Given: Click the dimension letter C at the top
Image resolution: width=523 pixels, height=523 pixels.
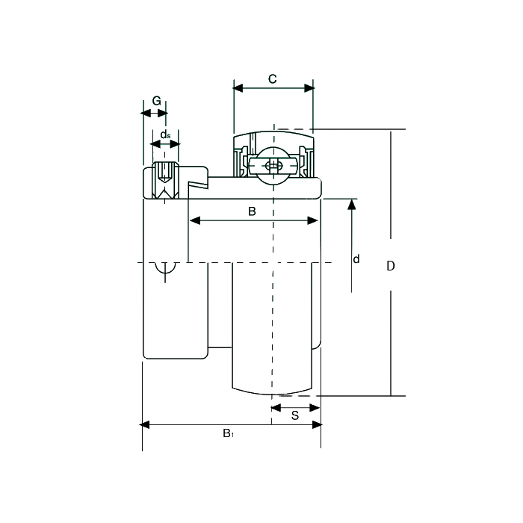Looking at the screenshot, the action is [x=273, y=79].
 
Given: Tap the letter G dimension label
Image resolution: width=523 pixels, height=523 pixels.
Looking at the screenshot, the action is [x=156, y=101].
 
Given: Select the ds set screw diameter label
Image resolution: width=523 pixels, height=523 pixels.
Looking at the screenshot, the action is [x=165, y=134].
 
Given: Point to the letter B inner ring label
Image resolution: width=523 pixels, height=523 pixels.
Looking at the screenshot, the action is [x=252, y=211].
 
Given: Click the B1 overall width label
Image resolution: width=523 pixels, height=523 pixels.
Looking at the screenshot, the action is [x=228, y=433].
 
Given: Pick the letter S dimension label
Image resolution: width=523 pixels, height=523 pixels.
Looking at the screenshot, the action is [x=295, y=415].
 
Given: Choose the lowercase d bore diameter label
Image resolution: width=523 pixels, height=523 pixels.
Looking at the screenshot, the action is [x=356, y=259].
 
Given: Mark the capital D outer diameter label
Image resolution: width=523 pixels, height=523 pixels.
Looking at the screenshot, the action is [x=391, y=266].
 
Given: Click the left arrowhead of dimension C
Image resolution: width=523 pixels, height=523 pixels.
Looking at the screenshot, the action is [x=238, y=88].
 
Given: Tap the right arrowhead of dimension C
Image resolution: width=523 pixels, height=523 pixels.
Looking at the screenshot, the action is [x=309, y=88].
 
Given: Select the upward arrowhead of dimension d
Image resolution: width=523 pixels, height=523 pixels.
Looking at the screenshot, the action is [x=352, y=204].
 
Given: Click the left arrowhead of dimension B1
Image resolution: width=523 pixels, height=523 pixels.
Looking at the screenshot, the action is [x=144, y=424].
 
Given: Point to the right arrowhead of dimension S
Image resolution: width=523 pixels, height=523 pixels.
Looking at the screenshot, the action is [x=315, y=408].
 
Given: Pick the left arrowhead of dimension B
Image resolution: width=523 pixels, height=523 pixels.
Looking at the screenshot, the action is [x=195, y=220].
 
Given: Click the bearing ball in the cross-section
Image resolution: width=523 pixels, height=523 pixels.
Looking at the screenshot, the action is [x=273, y=165].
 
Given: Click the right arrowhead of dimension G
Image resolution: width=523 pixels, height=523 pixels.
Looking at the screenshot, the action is [x=163, y=114].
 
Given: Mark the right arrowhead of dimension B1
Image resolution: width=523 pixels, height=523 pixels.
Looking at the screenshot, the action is [x=318, y=424].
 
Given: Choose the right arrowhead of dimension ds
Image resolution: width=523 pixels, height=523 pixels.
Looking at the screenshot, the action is [x=175, y=144].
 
